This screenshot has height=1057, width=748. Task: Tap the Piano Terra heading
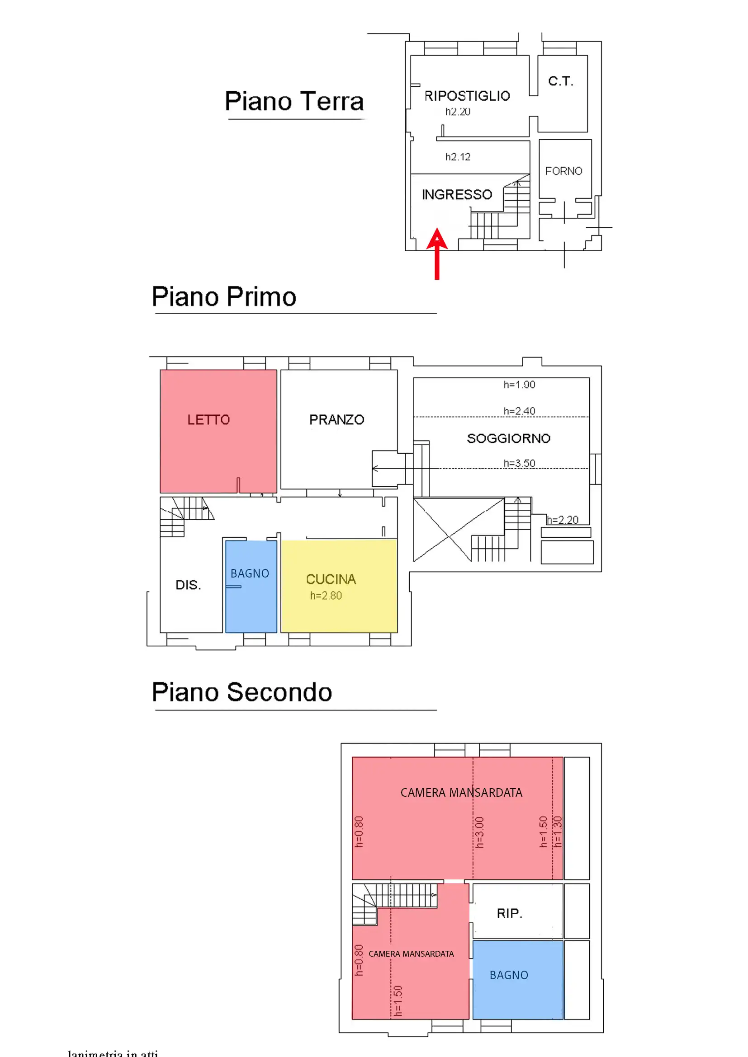point(294,101)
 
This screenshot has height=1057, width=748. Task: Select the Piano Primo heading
point(224,296)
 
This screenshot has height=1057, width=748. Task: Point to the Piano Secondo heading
point(242,692)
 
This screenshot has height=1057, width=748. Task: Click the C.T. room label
point(560,81)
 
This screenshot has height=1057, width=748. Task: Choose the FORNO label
point(564,171)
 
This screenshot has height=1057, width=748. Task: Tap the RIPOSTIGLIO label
point(467,96)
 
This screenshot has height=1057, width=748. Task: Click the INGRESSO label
point(457,195)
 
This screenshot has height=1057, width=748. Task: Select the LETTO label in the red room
point(208,420)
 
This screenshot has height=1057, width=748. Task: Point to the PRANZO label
point(337,420)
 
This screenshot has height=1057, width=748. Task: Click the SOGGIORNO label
point(508,438)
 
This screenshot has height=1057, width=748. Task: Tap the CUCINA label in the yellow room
point(331,579)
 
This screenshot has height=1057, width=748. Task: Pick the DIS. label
point(188,585)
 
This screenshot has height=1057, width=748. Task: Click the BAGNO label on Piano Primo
point(250,573)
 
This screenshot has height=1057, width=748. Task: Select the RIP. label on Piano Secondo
point(509,913)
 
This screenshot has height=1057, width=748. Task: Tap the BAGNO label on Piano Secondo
point(508,975)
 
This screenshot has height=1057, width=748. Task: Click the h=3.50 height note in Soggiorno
point(519,463)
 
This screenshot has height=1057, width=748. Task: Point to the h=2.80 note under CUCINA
point(326,596)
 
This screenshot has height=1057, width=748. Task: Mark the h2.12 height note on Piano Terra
point(458,157)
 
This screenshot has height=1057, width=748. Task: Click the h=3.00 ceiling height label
point(479,832)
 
